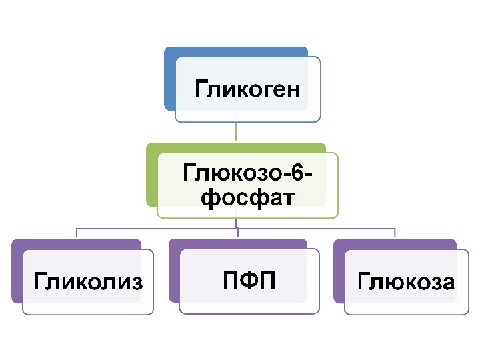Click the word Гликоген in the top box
pos(247,89)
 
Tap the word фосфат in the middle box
pos(247,198)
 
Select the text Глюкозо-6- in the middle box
pos(247,175)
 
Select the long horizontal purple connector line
pos(160,228)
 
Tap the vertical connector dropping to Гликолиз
pos(77,233)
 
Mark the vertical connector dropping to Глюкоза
pos(395,233)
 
